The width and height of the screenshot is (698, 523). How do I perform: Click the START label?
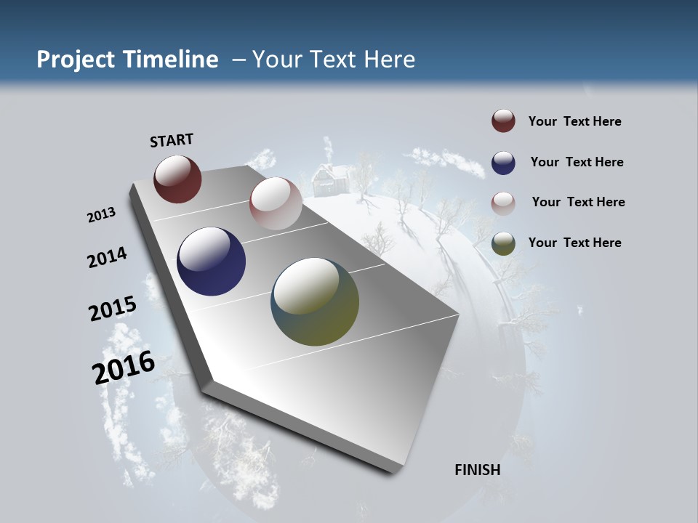pyautogui.click(x=172, y=140)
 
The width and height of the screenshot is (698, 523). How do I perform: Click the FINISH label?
pyautogui.click(x=477, y=470)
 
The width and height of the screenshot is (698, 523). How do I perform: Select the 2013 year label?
pyautogui.click(x=101, y=215)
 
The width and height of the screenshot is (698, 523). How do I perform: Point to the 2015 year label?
pyautogui.click(x=112, y=309)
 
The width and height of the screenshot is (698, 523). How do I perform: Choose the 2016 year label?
pyautogui.click(x=124, y=368)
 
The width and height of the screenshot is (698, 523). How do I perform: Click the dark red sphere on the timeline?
pyautogui.click(x=177, y=179)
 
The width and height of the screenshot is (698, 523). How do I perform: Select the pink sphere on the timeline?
pyautogui.click(x=276, y=203)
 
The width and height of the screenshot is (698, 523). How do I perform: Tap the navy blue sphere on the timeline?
pyautogui.click(x=211, y=261)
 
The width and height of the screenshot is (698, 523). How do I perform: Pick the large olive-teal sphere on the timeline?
pyautogui.click(x=315, y=301)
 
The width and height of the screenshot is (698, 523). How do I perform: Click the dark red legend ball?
pyautogui.click(x=503, y=121)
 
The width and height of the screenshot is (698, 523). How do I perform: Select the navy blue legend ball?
pyautogui.click(x=503, y=162)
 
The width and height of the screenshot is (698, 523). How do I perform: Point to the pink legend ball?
pyautogui.click(x=503, y=203)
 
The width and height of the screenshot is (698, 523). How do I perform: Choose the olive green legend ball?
pyautogui.click(x=503, y=243)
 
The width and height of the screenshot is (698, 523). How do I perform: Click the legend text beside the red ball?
pyautogui.click(x=574, y=121)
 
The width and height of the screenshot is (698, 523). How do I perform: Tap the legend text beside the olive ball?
pyautogui.click(x=574, y=243)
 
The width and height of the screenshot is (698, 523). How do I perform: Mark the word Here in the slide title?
pyautogui.click(x=389, y=60)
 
